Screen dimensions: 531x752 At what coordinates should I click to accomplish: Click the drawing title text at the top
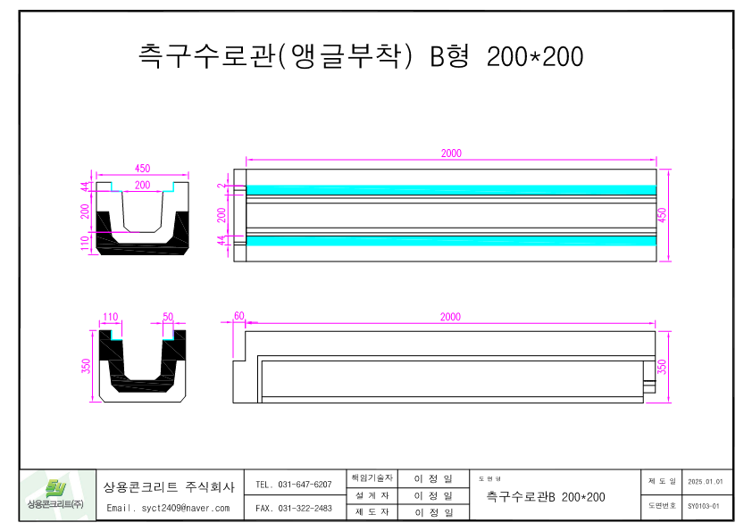(x=361, y=57)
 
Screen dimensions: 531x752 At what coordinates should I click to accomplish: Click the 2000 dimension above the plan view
(x=451, y=153)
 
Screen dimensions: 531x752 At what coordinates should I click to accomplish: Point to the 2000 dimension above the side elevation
(x=451, y=317)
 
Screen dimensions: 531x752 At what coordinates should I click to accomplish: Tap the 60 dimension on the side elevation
(x=238, y=317)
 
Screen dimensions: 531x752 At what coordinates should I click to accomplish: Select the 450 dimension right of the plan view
(x=662, y=214)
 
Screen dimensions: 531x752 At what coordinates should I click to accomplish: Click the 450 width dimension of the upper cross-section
(x=142, y=168)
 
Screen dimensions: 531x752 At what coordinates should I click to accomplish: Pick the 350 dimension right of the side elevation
(x=662, y=367)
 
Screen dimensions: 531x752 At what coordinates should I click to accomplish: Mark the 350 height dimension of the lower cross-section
(x=87, y=367)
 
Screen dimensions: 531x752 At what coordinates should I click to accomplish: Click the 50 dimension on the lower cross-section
(x=168, y=317)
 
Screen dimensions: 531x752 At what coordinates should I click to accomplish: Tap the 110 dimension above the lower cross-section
(x=111, y=317)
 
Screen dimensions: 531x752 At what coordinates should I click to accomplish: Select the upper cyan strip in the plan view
(x=451, y=189)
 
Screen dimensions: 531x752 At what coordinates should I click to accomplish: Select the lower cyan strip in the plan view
(x=451, y=240)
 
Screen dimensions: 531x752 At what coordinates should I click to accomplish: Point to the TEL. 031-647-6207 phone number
(x=293, y=485)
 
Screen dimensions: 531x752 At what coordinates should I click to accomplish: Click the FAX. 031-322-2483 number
(x=293, y=508)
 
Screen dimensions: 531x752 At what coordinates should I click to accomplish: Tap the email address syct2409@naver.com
(x=168, y=508)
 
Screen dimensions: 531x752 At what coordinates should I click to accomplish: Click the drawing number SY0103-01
(x=704, y=506)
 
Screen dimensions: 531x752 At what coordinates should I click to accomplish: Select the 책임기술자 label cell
(x=372, y=478)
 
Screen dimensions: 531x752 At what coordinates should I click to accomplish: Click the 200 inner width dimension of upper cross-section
(x=142, y=185)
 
